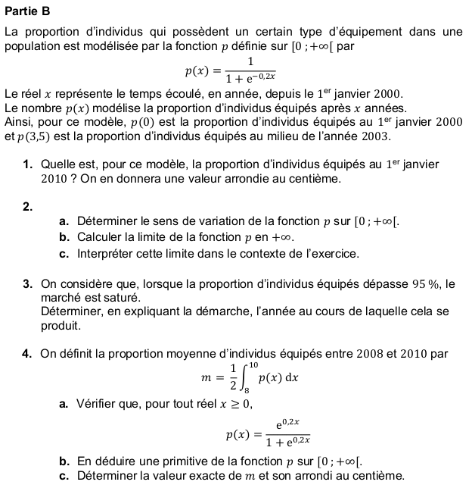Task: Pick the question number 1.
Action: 26,164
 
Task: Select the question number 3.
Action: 26,285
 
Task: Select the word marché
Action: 60,298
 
